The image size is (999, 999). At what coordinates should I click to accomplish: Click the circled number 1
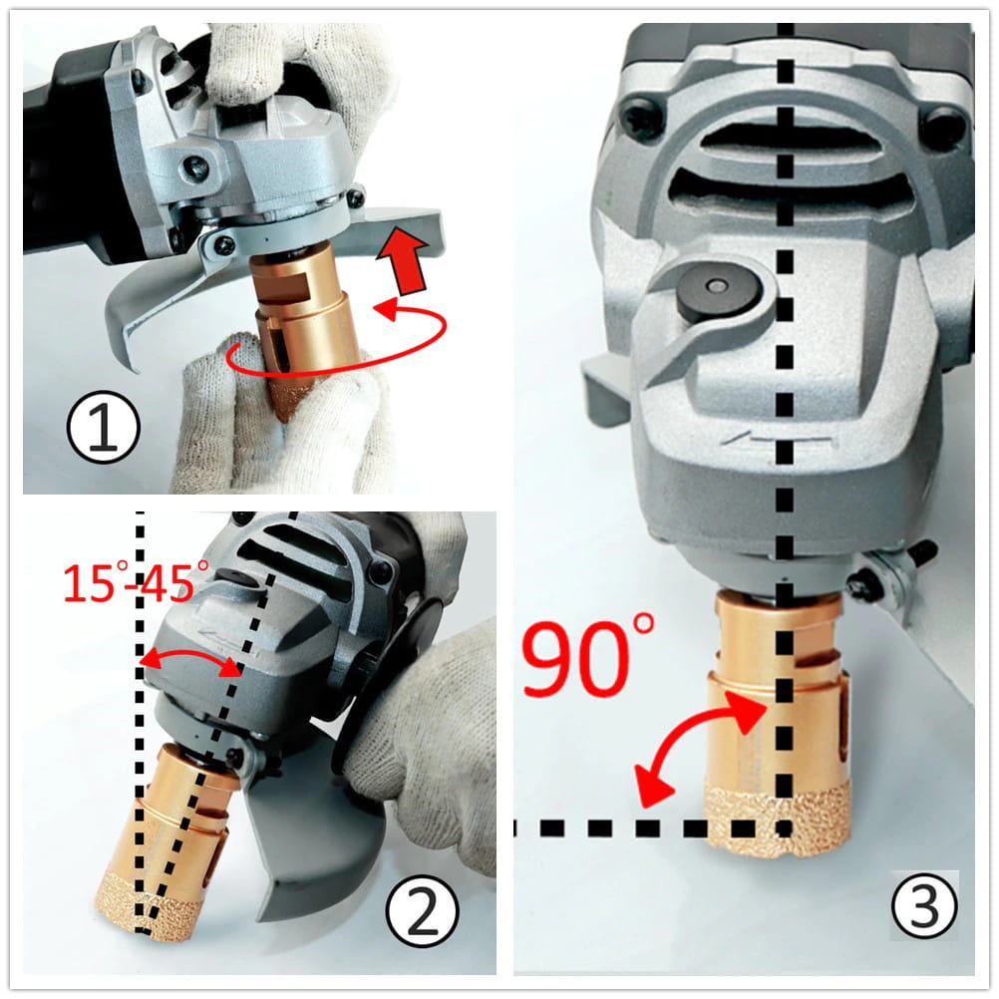103,427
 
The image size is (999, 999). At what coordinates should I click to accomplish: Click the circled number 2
422,911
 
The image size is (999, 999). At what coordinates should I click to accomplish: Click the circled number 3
924,904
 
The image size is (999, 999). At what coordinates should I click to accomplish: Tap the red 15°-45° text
136,581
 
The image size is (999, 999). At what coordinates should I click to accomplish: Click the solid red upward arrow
404,260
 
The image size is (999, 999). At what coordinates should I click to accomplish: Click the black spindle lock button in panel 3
718,292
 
